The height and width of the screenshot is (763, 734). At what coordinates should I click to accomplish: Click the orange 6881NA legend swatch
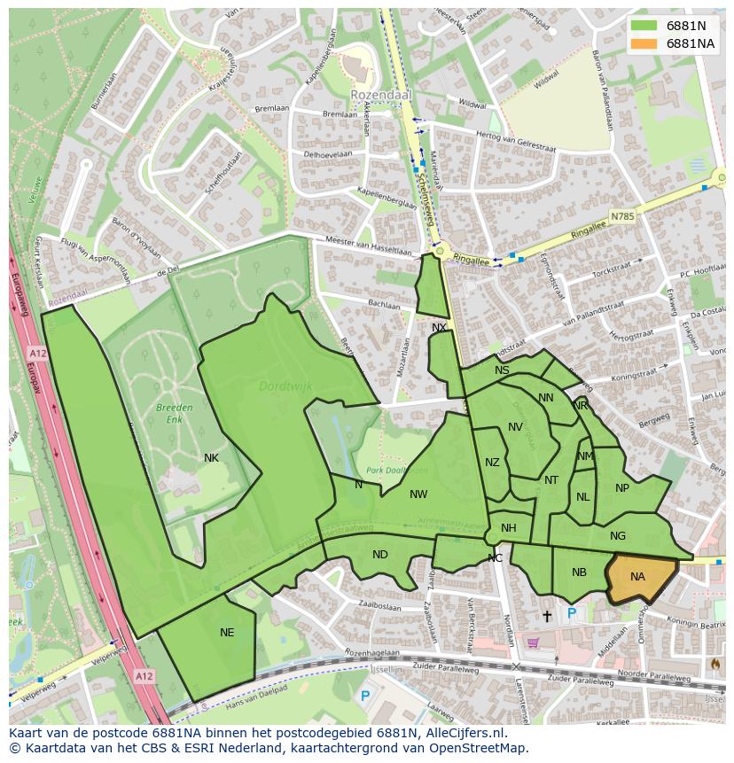point(644,43)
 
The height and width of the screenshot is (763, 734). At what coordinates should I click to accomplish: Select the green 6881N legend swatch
point(644,26)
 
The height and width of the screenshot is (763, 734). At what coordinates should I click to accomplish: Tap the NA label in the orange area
point(637,577)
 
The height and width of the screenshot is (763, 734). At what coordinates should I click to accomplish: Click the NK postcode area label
point(211,458)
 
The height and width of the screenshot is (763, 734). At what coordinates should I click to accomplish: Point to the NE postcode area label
point(227,632)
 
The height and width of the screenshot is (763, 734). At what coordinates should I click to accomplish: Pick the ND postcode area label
point(379,555)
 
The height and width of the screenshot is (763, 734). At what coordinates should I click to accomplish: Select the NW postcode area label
point(418,494)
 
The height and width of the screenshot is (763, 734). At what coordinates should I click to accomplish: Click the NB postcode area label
point(579,572)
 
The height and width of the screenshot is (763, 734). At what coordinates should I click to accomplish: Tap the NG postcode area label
point(618,535)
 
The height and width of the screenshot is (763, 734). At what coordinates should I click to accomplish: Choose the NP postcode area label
point(621,488)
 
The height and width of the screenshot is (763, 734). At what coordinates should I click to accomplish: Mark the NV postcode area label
point(515,427)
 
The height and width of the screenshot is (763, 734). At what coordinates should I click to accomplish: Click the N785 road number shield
point(623,215)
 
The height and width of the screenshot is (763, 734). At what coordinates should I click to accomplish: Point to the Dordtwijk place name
point(280,385)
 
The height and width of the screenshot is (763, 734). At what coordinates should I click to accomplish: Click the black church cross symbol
point(546,615)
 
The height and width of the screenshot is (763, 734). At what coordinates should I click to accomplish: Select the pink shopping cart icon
point(533,642)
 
